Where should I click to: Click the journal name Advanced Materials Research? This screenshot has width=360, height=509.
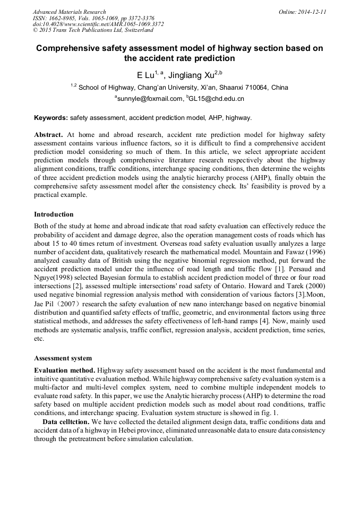69,12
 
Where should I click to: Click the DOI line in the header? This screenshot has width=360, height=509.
98,24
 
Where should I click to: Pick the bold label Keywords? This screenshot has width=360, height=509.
51,117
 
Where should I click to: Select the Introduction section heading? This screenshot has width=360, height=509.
54,214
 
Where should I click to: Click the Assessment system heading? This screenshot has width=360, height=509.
63,358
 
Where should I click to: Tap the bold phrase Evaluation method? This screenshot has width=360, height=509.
64,369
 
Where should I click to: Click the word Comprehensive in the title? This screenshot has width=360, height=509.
70,48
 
